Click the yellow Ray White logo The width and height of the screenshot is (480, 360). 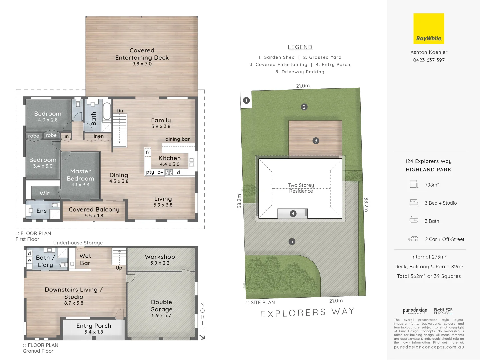tap(429, 29)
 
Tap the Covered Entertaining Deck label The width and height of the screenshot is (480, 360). tap(142, 57)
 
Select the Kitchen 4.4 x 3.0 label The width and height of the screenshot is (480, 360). tap(170, 161)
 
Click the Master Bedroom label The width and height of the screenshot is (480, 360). tap(80, 178)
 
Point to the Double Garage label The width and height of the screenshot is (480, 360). tap(161, 308)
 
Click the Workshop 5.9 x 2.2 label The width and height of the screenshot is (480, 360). tap(160, 259)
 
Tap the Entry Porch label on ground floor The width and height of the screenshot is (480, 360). tap(94, 328)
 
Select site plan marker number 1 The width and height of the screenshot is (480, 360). tap(246, 100)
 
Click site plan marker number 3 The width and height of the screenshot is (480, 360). tap(316, 141)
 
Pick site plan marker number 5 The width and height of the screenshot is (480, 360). tap(292, 241)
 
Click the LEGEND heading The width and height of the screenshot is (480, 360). tap(300, 47)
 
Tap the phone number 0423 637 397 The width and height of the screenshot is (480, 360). tap(429, 60)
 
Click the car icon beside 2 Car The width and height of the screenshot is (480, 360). tap(413, 239)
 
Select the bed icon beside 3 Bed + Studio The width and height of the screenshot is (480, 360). tap(414, 202)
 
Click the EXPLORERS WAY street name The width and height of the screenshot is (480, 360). tap(307, 313)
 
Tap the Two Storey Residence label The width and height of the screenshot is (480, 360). tap(301, 188)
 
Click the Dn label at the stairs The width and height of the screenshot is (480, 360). tap(120, 111)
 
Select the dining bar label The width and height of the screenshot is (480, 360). tap(177, 139)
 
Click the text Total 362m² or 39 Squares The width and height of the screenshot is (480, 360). tap(429, 276)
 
